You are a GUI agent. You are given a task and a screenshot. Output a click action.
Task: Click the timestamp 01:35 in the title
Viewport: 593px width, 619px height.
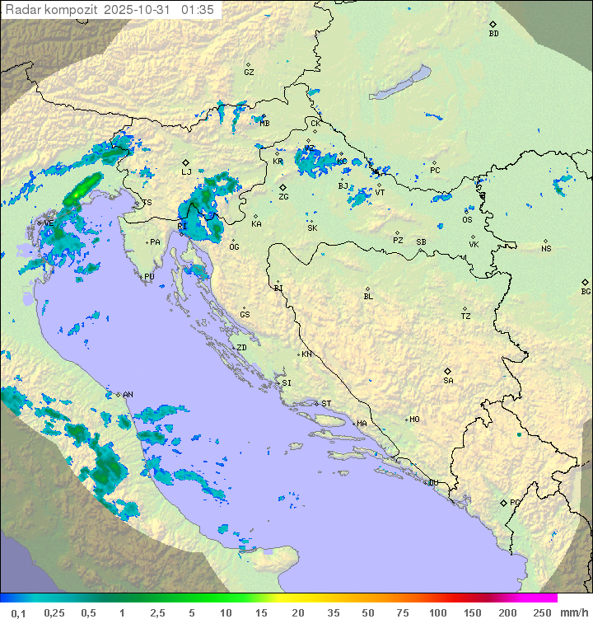point(198,10)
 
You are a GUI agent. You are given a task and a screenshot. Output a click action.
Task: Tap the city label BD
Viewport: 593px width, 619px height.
point(493,34)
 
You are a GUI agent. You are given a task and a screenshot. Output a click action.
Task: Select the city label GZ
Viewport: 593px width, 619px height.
point(249,73)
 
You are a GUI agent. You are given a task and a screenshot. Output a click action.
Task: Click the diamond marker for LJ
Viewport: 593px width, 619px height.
point(186,162)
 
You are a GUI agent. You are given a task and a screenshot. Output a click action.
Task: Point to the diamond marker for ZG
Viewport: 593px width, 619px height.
point(282,187)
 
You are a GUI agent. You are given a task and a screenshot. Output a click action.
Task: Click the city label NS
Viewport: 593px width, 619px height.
point(546,249)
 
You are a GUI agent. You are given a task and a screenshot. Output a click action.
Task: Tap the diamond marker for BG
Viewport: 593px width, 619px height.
point(586,282)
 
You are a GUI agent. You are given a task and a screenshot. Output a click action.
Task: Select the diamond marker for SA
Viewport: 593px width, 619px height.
point(448,371)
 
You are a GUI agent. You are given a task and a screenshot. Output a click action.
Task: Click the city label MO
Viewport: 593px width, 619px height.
point(414,420)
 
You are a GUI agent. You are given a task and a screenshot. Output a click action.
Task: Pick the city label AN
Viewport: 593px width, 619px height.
point(128,395)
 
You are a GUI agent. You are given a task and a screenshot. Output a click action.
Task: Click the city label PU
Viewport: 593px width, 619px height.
point(149,278)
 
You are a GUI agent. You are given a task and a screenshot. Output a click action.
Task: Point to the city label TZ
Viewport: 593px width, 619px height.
point(466,317)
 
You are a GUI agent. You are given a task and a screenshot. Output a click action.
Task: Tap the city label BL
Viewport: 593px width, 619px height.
point(368,297)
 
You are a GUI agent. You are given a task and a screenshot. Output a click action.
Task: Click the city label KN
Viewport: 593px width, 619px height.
point(306,354)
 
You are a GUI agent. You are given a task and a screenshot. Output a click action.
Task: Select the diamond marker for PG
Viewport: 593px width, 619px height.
point(503,502)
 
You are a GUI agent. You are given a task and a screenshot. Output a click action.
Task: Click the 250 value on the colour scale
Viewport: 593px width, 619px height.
point(542,612)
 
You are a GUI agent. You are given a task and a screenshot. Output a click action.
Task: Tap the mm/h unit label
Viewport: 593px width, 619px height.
point(573,612)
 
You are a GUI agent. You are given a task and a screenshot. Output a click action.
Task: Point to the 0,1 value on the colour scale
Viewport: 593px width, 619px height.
point(18,612)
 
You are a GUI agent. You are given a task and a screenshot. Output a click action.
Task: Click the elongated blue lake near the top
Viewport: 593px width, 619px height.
point(399,83)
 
